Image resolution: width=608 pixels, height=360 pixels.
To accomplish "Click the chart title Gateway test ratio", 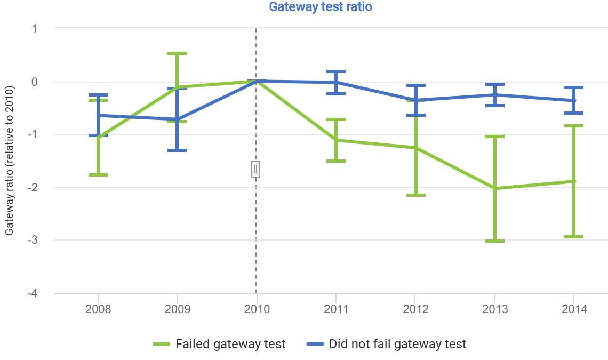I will point(320,7).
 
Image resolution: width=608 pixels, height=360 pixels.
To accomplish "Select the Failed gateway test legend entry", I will point(219,344).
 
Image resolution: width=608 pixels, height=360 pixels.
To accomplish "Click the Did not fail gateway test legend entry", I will point(387,344).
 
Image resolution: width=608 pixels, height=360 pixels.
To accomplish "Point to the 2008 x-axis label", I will point(98,309).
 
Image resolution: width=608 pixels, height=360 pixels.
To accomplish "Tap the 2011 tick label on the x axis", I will point(336,309).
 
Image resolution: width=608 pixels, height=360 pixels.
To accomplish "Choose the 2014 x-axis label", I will point(574,309).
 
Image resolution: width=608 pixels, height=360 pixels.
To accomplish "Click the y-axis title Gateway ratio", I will point(9,160).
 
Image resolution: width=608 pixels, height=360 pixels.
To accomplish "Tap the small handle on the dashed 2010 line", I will point(255,169).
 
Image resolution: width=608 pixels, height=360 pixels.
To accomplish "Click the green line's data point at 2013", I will point(495,188).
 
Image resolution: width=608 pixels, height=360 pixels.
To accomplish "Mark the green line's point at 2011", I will point(336,140).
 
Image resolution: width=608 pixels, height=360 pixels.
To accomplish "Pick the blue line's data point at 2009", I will point(177,119).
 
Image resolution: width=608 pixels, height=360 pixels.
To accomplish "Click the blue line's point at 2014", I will point(574,100).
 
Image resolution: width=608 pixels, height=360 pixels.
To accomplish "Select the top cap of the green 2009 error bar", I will point(177,53).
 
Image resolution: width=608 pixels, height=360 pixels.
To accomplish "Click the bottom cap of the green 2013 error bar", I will point(495,241).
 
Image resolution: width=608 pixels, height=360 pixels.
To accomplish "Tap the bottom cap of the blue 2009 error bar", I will point(177,150).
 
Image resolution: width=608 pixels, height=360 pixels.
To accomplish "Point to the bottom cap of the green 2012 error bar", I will point(415,195).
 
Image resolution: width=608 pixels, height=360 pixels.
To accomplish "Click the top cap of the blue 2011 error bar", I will point(336,71).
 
